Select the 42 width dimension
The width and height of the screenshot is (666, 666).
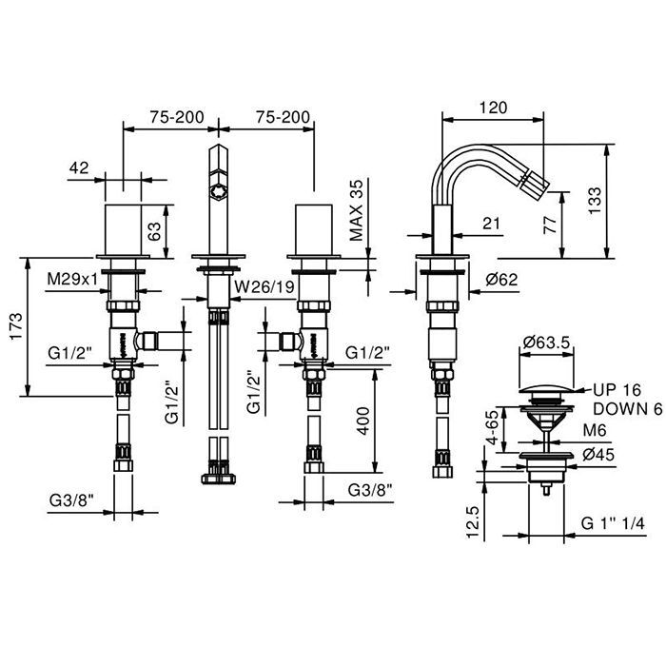tap(79, 167)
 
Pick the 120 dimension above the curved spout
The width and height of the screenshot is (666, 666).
tap(494, 108)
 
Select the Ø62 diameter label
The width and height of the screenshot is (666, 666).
tap(500, 281)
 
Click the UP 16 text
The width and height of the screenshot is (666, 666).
tap(616, 390)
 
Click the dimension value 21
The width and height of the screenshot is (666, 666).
tap(492, 224)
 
